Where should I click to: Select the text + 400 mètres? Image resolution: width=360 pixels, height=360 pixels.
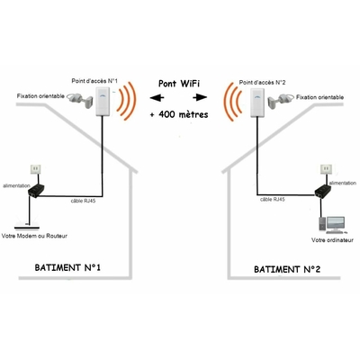pos(181,116)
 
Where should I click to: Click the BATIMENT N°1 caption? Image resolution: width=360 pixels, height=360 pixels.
pos(67,268)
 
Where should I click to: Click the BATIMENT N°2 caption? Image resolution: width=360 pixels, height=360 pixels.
pos(288,268)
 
